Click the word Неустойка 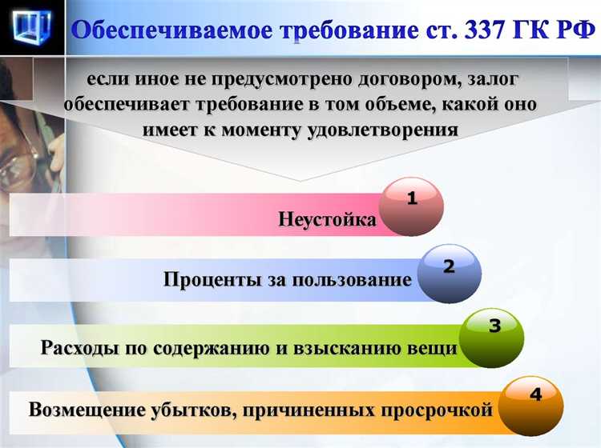(x=327, y=218)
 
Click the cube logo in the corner (x=32, y=27)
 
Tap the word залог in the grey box (x=486, y=79)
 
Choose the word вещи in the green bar (x=437, y=348)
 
